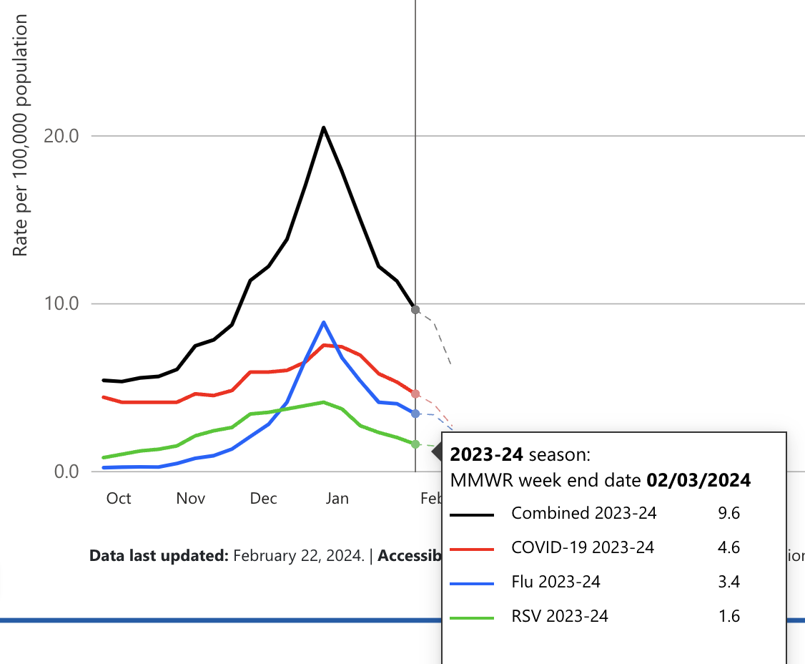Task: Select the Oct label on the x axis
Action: coord(119,498)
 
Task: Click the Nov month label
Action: coord(191,498)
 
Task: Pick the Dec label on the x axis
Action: coord(264,498)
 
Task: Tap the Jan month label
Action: coord(337,498)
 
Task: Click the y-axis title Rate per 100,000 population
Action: coord(21,136)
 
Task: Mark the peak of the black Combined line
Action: coord(323,127)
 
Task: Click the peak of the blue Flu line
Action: coord(324,322)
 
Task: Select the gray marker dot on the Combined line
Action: coord(415,309)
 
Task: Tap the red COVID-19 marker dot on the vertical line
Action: coord(415,394)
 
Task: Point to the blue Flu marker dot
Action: coord(415,414)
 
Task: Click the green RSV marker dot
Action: coord(415,444)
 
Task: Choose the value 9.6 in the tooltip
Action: coord(729,513)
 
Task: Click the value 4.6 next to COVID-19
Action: coord(729,547)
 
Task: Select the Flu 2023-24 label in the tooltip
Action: coord(556,582)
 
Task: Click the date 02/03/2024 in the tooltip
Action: coord(698,480)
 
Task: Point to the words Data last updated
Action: coord(158,555)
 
